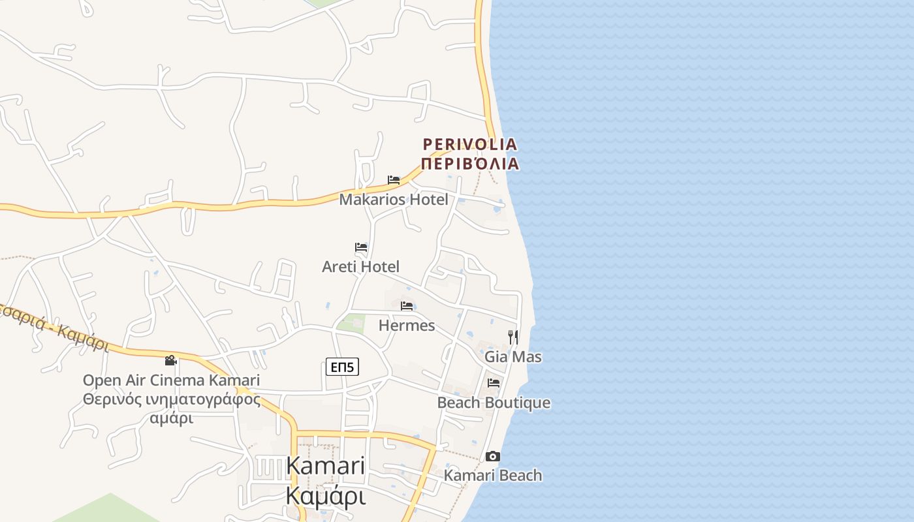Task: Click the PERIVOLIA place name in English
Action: [x=469, y=144]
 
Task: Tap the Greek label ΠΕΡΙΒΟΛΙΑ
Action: [x=469, y=163]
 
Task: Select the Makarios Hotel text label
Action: [x=394, y=200]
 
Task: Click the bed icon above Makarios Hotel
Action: [x=394, y=180]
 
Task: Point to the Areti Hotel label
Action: [x=360, y=266]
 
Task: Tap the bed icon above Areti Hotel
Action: [x=361, y=247]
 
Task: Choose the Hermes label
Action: [x=407, y=325]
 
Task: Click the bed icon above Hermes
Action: [x=407, y=305]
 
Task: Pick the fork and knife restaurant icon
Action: [x=513, y=337]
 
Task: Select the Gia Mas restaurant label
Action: [x=513, y=357]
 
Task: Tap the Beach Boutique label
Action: [x=494, y=403]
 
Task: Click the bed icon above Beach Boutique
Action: [x=494, y=383]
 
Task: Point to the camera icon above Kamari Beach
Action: [x=493, y=456]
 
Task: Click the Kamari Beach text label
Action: [x=493, y=475]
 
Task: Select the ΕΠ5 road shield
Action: [x=342, y=367]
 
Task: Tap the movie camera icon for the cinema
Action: [x=171, y=360]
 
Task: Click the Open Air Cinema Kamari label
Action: [x=171, y=380]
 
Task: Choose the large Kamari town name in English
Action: [x=325, y=466]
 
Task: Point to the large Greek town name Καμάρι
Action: [x=325, y=496]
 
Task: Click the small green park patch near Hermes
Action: [x=352, y=323]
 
